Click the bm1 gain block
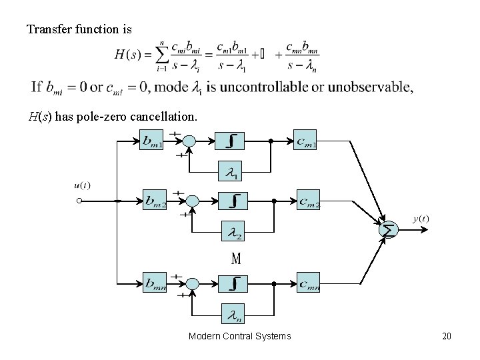coord(153,141)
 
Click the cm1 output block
coord(305,141)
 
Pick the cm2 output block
coord(309,201)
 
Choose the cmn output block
coord(309,284)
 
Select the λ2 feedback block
coord(232,233)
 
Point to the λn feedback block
coord(233,314)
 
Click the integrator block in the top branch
coord(230,141)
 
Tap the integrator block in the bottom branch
coord(233,283)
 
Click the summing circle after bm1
coord(189,141)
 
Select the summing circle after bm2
coord(193,201)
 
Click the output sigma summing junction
coord(387,229)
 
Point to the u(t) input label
coord(83,185)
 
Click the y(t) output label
coord(421,218)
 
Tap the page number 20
coord(447,336)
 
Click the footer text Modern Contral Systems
coord(239,336)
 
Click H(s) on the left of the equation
coord(127,54)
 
